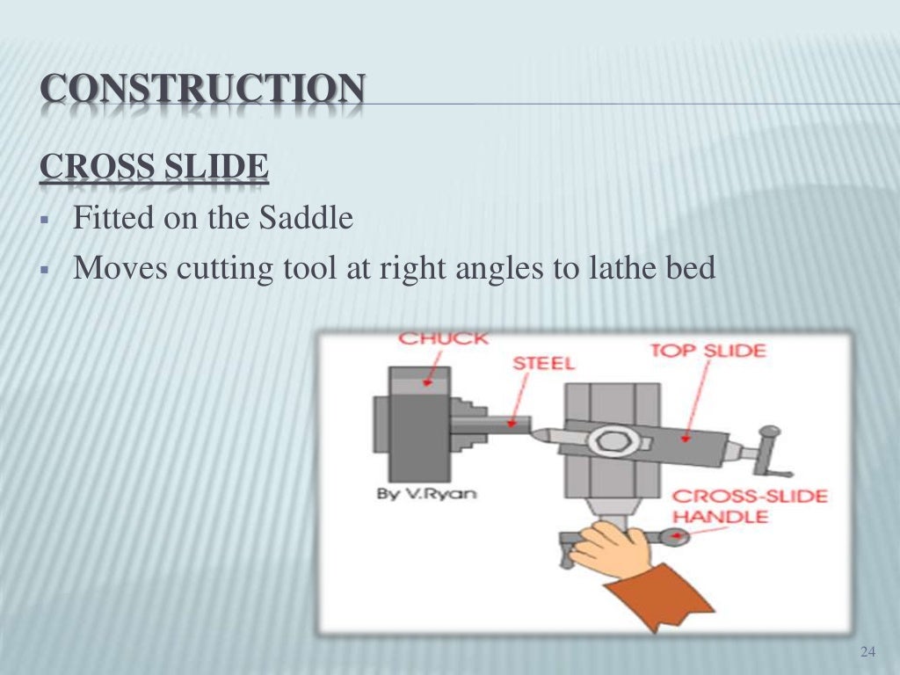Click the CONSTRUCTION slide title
[202, 91]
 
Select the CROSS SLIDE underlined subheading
[154, 168]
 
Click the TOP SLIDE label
[708, 351]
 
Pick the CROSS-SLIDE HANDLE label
[749, 505]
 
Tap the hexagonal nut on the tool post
[608, 439]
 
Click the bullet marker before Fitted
[43, 218]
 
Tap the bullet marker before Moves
[43, 269]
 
